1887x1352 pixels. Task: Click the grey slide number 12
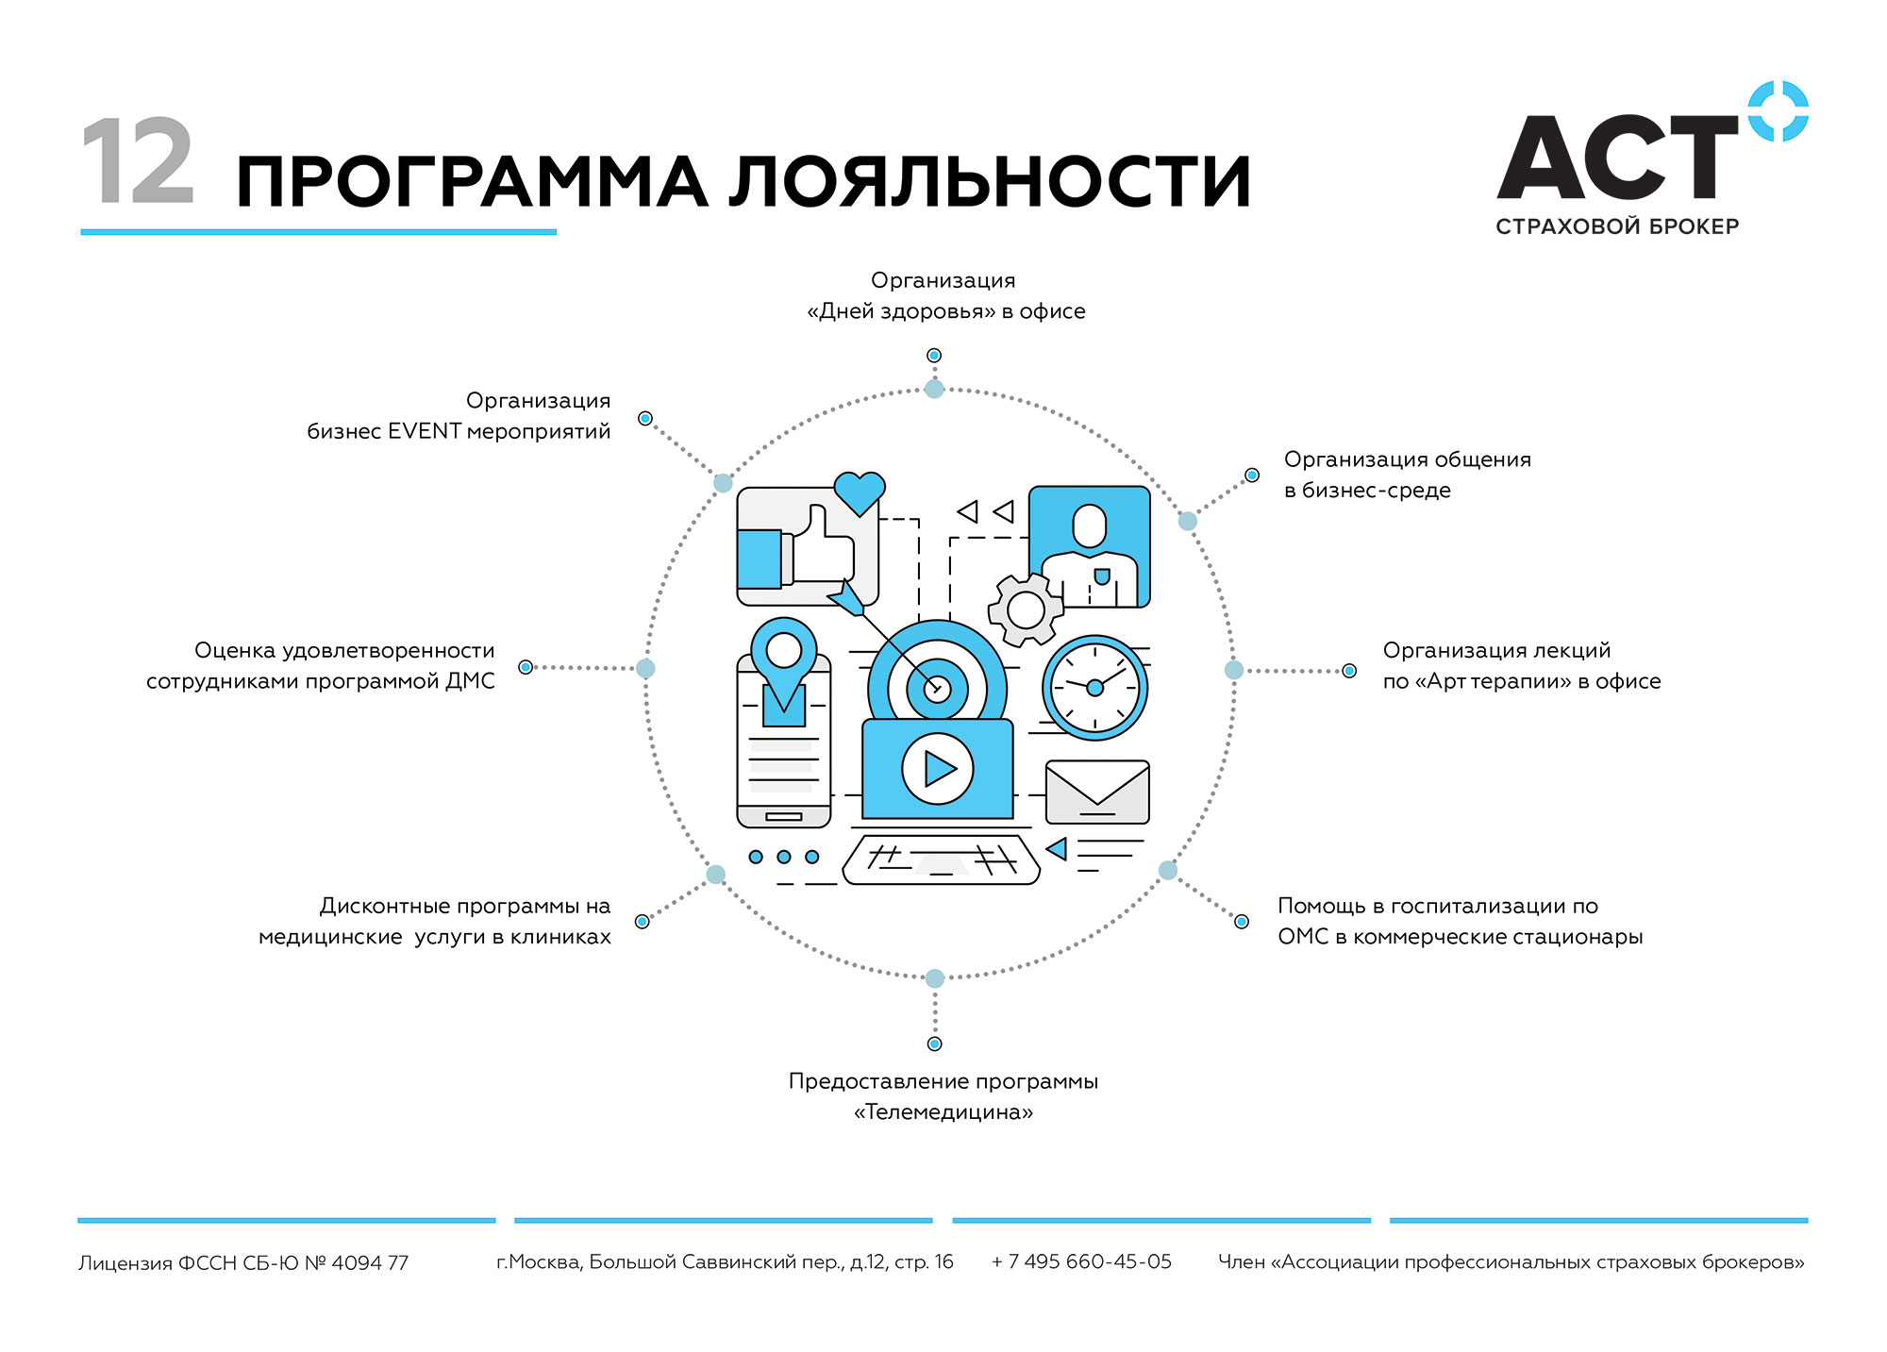tap(138, 161)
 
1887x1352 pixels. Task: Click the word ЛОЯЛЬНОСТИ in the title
tap(990, 181)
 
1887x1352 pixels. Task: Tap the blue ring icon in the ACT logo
tap(1778, 111)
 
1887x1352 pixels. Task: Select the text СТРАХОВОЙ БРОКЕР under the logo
tap(1617, 226)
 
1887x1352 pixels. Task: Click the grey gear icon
tap(1026, 609)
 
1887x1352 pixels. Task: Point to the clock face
tap(1094, 688)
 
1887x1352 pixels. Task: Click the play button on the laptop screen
tap(937, 769)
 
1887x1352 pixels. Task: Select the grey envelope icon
tap(1097, 793)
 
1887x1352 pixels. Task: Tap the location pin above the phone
tap(784, 661)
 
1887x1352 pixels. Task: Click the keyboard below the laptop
tap(941, 860)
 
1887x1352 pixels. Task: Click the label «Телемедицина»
tap(943, 1112)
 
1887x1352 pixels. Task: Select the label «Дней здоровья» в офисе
tap(945, 311)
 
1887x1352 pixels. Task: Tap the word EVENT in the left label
tap(424, 431)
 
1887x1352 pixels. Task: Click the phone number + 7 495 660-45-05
tap(1081, 1261)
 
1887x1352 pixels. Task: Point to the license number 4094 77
tap(370, 1262)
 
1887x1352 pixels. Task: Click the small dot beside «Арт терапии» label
tap(1349, 671)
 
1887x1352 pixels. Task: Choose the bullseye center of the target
tap(937, 688)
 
